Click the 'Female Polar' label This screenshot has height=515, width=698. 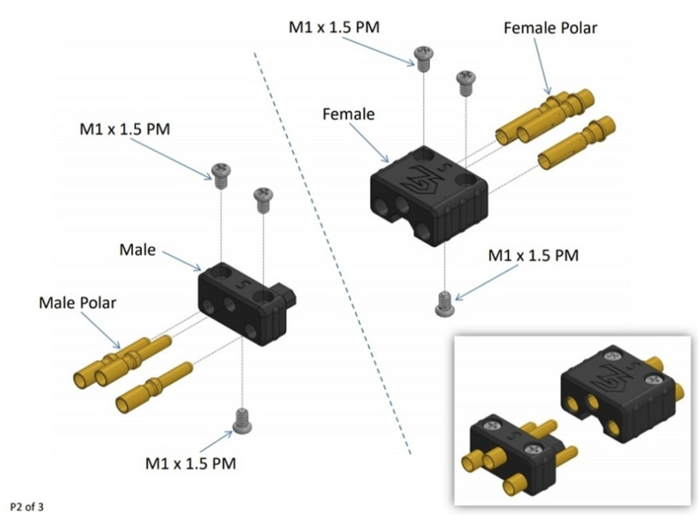pyautogui.click(x=550, y=28)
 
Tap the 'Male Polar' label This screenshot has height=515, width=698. pyautogui.click(x=78, y=303)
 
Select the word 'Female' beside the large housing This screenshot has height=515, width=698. pyautogui.click(x=348, y=114)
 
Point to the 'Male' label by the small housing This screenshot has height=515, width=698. pyautogui.click(x=138, y=250)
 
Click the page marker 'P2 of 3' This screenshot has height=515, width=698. pyautogui.click(x=27, y=507)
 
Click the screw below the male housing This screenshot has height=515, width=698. pyautogui.click(x=242, y=421)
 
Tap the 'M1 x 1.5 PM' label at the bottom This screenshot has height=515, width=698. pyautogui.click(x=191, y=463)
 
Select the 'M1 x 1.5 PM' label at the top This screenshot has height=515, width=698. pyautogui.click(x=334, y=27)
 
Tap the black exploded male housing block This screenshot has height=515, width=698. pyautogui.click(x=247, y=303)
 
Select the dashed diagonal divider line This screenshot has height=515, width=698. pyautogui.click(x=333, y=254)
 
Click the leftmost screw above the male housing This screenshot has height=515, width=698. pyautogui.click(x=222, y=177)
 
